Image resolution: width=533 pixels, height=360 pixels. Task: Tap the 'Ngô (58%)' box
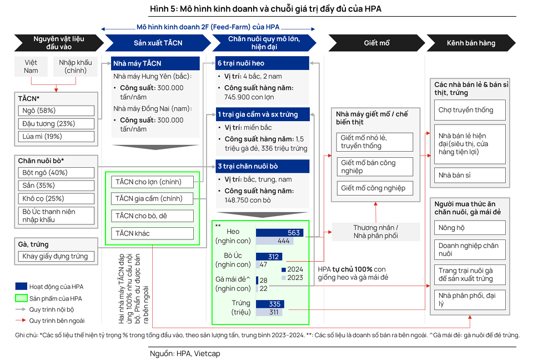pos(56,111)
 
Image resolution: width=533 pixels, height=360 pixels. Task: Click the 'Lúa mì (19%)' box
pos(56,136)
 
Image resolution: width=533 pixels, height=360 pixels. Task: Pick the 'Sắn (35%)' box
pos(56,185)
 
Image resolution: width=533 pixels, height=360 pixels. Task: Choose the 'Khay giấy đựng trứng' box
pos(56,256)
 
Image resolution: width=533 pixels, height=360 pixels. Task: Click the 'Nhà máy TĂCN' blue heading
pos(155,63)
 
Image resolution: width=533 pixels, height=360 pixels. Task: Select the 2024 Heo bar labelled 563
pos(279,233)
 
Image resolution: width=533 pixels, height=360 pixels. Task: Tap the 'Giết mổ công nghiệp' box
pos(374,188)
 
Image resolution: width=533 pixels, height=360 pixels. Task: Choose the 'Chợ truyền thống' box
pos(470,109)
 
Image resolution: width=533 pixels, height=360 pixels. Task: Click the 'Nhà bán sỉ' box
pos(470,175)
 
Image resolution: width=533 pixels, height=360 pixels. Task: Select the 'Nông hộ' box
pos(470,227)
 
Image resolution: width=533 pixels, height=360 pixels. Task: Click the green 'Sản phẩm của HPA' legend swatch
pos(21,298)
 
